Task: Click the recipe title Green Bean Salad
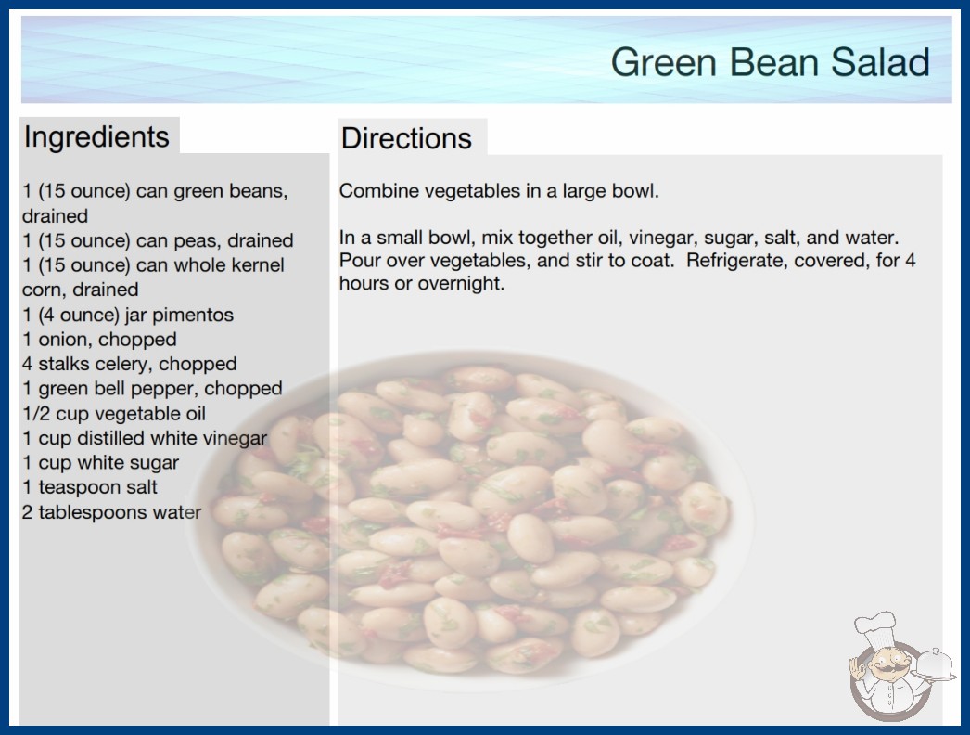coord(771,62)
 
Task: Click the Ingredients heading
coord(96,137)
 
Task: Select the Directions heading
coord(406,138)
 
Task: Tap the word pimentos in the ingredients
coord(192,316)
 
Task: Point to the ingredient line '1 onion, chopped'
coord(99,340)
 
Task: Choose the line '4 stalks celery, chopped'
coord(129,364)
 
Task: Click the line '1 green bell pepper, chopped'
coord(152,389)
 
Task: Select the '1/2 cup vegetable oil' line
coord(114,413)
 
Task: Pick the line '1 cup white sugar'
coord(101,462)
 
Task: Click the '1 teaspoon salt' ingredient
coord(90,487)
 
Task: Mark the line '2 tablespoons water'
coord(111,512)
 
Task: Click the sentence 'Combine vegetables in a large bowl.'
coord(499,191)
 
